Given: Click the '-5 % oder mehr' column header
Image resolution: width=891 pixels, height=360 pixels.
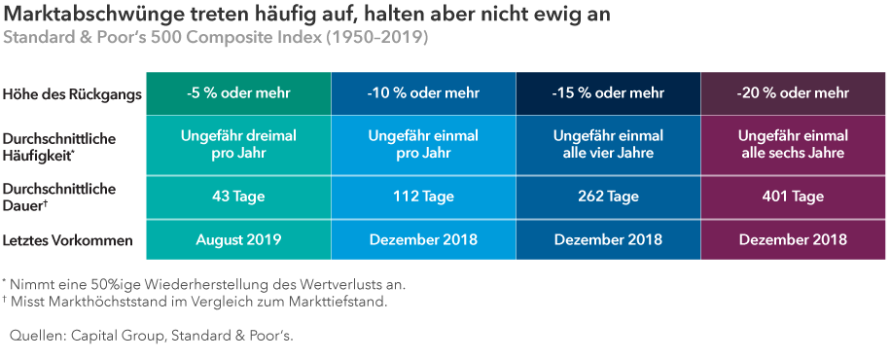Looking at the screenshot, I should point(239,93).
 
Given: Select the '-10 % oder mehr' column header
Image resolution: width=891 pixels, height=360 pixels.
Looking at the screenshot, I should point(423,93).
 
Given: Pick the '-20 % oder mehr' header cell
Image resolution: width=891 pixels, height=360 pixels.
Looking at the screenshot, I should point(793,93).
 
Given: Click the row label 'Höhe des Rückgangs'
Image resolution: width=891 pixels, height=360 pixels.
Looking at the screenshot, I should point(73,94).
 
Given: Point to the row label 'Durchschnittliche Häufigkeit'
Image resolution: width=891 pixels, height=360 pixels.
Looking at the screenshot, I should point(59,146).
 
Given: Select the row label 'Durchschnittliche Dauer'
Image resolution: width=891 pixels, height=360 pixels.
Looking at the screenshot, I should point(59,197).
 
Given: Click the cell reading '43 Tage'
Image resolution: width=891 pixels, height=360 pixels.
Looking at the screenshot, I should point(239,197).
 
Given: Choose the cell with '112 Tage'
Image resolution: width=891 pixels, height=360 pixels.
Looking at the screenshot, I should point(423,197).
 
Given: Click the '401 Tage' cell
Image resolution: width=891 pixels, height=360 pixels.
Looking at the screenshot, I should point(793,197).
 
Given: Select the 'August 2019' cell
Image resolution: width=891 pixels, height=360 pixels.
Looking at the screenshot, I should point(239,239).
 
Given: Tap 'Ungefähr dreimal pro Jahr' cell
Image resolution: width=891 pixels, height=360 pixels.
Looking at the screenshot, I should point(239,145).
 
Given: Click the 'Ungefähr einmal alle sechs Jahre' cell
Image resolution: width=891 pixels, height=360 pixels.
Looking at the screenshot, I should point(793,145).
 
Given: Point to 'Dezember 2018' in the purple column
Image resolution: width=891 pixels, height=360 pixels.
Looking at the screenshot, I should point(793,239).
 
